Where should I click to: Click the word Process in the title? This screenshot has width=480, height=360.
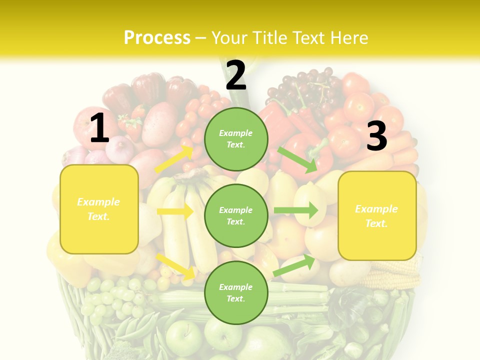pos(157,37)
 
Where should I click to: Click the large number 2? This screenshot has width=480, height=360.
pos(236,75)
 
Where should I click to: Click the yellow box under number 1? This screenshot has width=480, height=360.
pos(99,209)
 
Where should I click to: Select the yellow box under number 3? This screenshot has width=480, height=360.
pos(377,216)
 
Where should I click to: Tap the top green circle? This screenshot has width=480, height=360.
pos(236,139)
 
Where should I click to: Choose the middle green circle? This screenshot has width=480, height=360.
pos(236,216)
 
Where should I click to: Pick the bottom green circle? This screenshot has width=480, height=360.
pos(236,293)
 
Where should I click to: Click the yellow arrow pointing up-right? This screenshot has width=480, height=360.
pos(174,159)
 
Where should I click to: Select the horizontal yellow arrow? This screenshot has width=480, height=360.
pos(175,211)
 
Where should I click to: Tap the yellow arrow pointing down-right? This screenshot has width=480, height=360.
pos(175,266)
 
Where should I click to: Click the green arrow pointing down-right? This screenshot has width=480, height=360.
pos(298,159)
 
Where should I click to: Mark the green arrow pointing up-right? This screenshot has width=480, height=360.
pos(294,265)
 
